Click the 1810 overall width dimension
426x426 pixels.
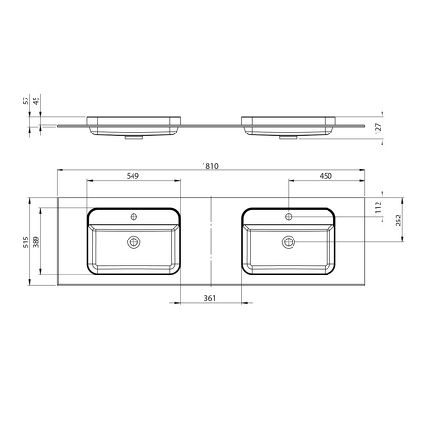(x=210, y=166)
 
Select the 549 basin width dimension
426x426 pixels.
(x=133, y=176)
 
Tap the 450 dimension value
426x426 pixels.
(x=326, y=176)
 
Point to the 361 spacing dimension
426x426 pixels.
(x=210, y=298)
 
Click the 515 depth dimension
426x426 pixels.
(x=26, y=241)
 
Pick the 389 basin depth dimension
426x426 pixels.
(x=36, y=241)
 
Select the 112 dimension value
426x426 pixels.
(x=379, y=207)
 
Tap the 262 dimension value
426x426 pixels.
(x=399, y=221)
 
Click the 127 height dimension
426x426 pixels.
(x=379, y=129)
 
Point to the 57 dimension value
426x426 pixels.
(x=26, y=100)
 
